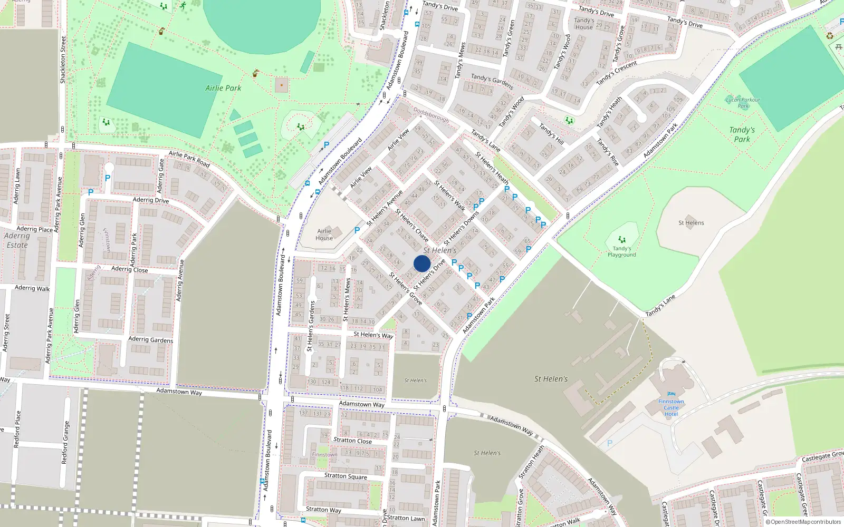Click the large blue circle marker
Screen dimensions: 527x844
422,263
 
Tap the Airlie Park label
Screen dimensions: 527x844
223,88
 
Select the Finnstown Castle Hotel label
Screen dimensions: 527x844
671,407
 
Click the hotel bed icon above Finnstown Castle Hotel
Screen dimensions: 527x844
671,394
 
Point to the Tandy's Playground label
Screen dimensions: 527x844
621,252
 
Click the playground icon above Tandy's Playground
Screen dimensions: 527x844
622,240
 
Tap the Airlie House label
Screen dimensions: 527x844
324,235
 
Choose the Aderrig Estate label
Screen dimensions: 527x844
17,240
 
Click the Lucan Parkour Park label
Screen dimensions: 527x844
743,102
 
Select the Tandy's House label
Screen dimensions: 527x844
584,24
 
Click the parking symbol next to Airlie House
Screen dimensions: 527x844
357,230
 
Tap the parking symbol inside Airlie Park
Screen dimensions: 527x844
327,145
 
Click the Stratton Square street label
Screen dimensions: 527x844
346,476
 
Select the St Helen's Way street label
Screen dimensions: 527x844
373,335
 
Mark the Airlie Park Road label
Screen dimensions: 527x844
189,159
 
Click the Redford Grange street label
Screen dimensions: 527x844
65,443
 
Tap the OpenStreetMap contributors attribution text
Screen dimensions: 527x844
803,522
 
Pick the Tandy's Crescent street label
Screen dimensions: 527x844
617,73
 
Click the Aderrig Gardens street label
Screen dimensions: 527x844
150,339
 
